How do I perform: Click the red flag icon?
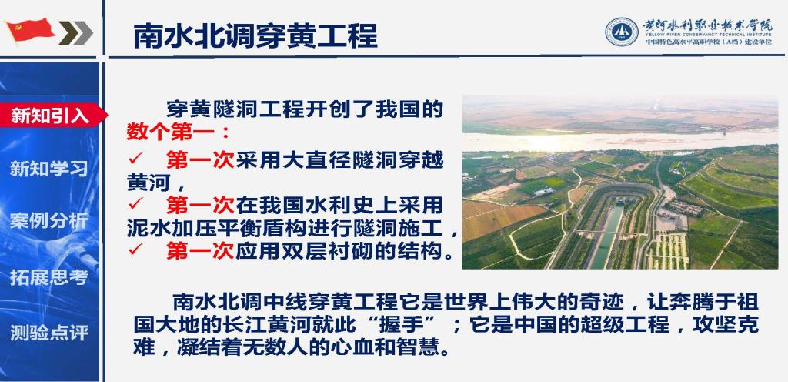point(30,31)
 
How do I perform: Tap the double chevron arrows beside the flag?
point(76,32)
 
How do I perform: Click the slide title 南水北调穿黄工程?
point(255,35)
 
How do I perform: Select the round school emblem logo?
point(622,32)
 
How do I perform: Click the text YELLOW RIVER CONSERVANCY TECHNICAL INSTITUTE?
point(708,35)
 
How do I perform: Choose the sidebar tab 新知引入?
point(49,116)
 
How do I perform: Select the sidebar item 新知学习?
point(48,169)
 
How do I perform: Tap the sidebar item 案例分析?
point(48,221)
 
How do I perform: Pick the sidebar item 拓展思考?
point(48,277)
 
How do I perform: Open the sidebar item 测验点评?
point(48,332)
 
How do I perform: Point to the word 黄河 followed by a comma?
point(149,183)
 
